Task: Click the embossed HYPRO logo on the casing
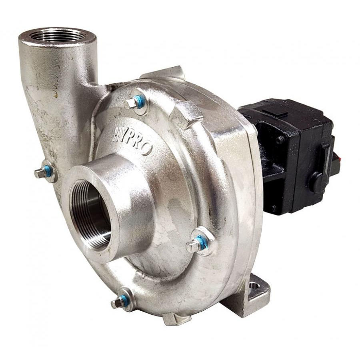(x=132, y=140)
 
